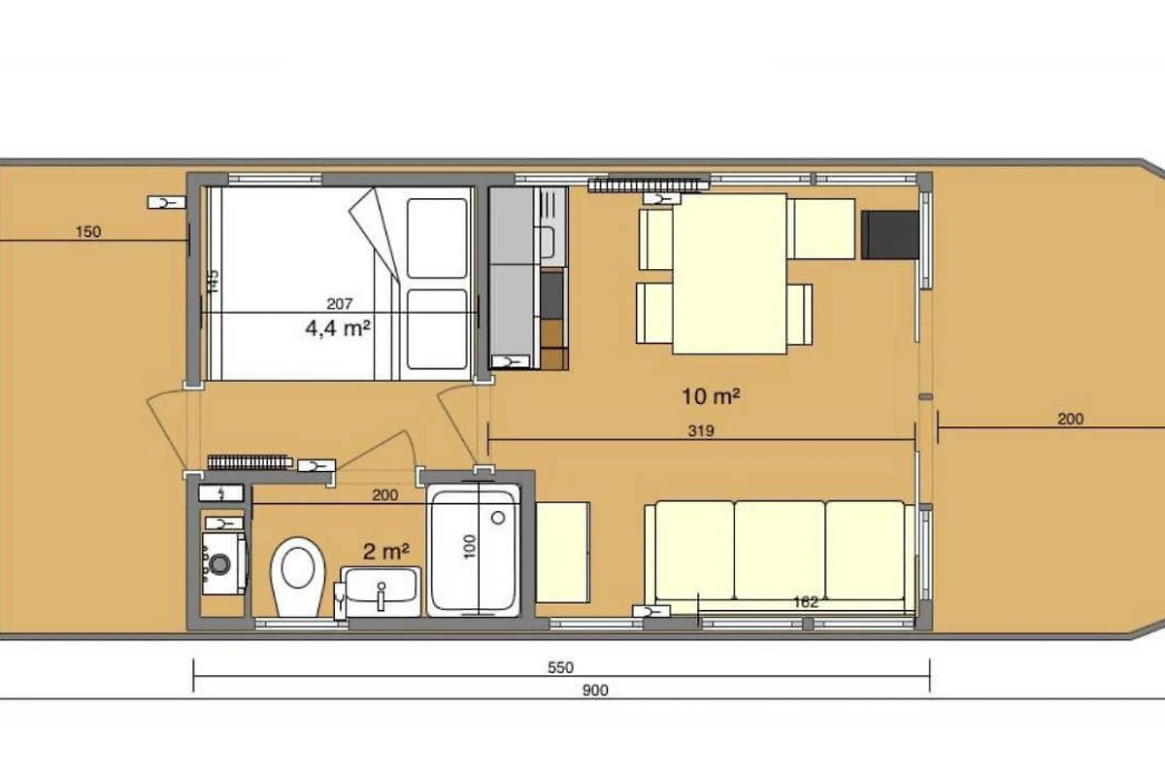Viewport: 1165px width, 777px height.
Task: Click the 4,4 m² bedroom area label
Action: (338, 328)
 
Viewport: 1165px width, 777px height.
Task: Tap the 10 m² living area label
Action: (711, 396)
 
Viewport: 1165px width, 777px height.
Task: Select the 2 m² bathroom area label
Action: (386, 551)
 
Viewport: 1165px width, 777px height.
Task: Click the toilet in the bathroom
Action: (297, 577)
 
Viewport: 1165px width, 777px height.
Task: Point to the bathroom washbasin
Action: (381, 591)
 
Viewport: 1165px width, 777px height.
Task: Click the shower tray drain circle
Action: (498, 518)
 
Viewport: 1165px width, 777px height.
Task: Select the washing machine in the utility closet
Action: (224, 563)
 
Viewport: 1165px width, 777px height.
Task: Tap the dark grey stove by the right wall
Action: (889, 235)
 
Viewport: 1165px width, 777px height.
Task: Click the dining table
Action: (729, 274)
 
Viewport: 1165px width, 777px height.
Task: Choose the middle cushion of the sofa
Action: (780, 550)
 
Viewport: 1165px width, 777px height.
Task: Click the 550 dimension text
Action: (560, 667)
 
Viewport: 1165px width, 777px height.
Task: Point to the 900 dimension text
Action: (595, 691)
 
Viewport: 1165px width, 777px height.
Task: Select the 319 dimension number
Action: (701, 431)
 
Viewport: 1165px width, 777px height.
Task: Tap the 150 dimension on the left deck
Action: (88, 231)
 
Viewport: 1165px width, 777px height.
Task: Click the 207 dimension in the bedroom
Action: (339, 303)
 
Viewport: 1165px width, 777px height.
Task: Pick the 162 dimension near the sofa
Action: (806, 602)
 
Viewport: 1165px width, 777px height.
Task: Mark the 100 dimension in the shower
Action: (469, 547)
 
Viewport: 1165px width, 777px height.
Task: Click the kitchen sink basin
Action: (547, 242)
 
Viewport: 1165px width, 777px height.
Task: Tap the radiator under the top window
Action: (649, 185)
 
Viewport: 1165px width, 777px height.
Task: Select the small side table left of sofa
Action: (563, 553)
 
